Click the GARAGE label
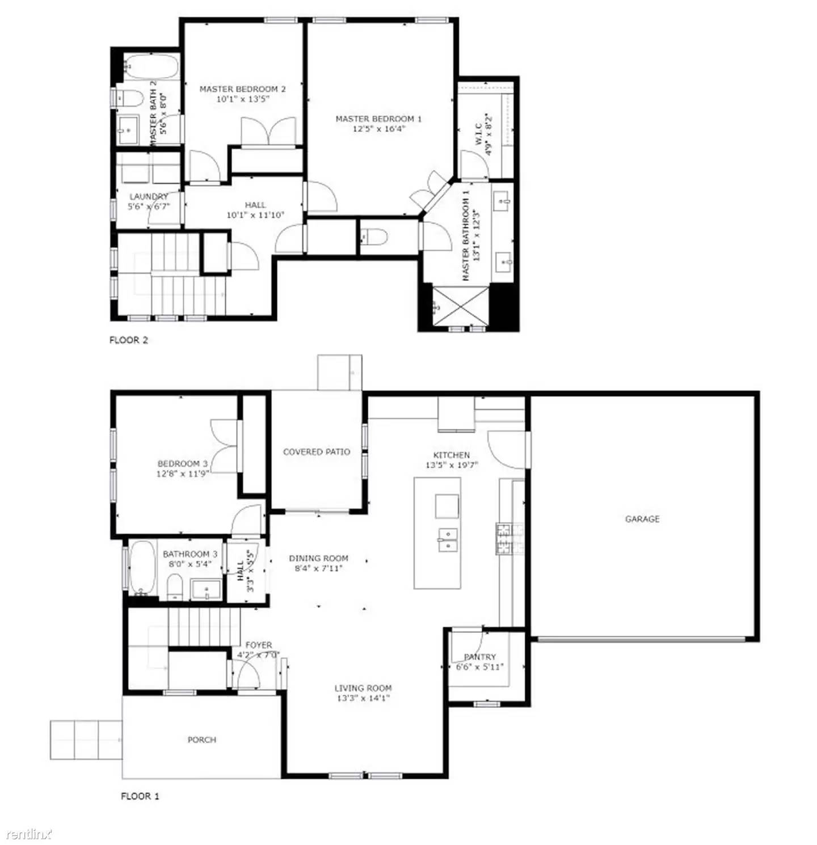(642, 519)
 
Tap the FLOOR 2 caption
(129, 340)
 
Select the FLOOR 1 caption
(140, 796)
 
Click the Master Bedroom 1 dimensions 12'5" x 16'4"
(378, 129)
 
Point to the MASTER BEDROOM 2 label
(242, 89)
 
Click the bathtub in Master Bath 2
(151, 66)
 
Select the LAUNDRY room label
(149, 197)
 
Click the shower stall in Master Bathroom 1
(460, 306)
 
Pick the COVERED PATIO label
(317, 452)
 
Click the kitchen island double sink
(448, 540)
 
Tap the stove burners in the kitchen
(504, 539)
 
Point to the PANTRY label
(480, 657)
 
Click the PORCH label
(202, 740)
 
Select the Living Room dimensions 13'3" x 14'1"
(363, 698)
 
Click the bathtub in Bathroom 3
(142, 568)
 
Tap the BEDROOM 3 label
(179, 463)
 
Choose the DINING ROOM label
(319, 558)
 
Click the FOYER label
(259, 645)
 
